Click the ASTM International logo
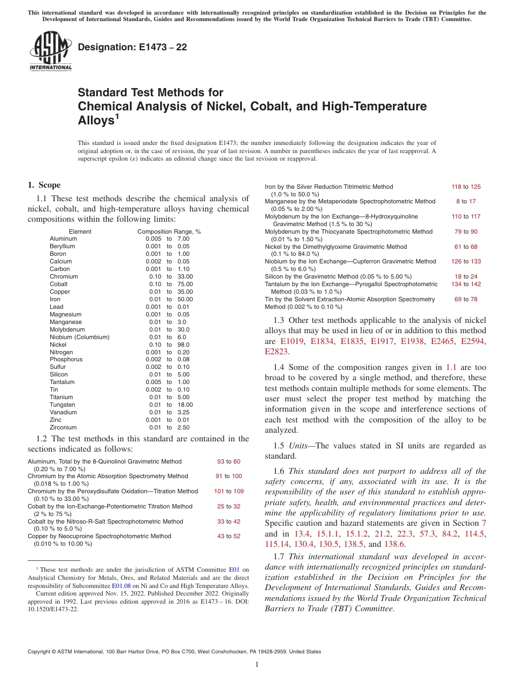(x=50, y=51)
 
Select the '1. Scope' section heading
(x=44, y=185)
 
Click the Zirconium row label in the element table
(x=63, y=427)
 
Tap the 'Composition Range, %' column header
(x=169, y=231)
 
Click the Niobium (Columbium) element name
(x=79, y=337)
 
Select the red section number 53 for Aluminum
(x=221, y=461)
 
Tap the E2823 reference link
(x=276, y=352)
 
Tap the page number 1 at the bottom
(x=257, y=665)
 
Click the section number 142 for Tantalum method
(x=475, y=284)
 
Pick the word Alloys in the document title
(x=95, y=120)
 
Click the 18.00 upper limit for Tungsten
(x=185, y=405)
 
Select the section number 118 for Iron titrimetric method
(x=456, y=187)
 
